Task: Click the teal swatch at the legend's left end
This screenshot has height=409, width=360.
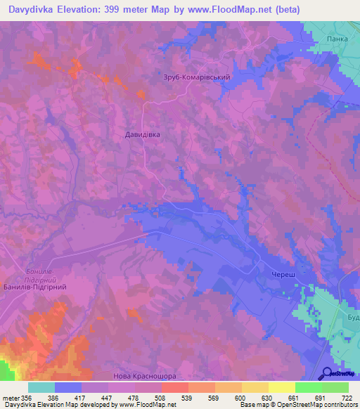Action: click(x=41, y=387)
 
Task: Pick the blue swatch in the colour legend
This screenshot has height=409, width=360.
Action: click(x=68, y=387)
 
